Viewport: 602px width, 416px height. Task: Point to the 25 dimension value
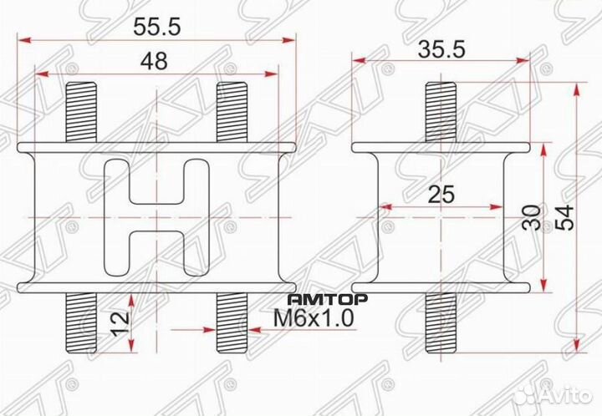[441, 195]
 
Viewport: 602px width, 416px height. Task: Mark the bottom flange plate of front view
[156, 287]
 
